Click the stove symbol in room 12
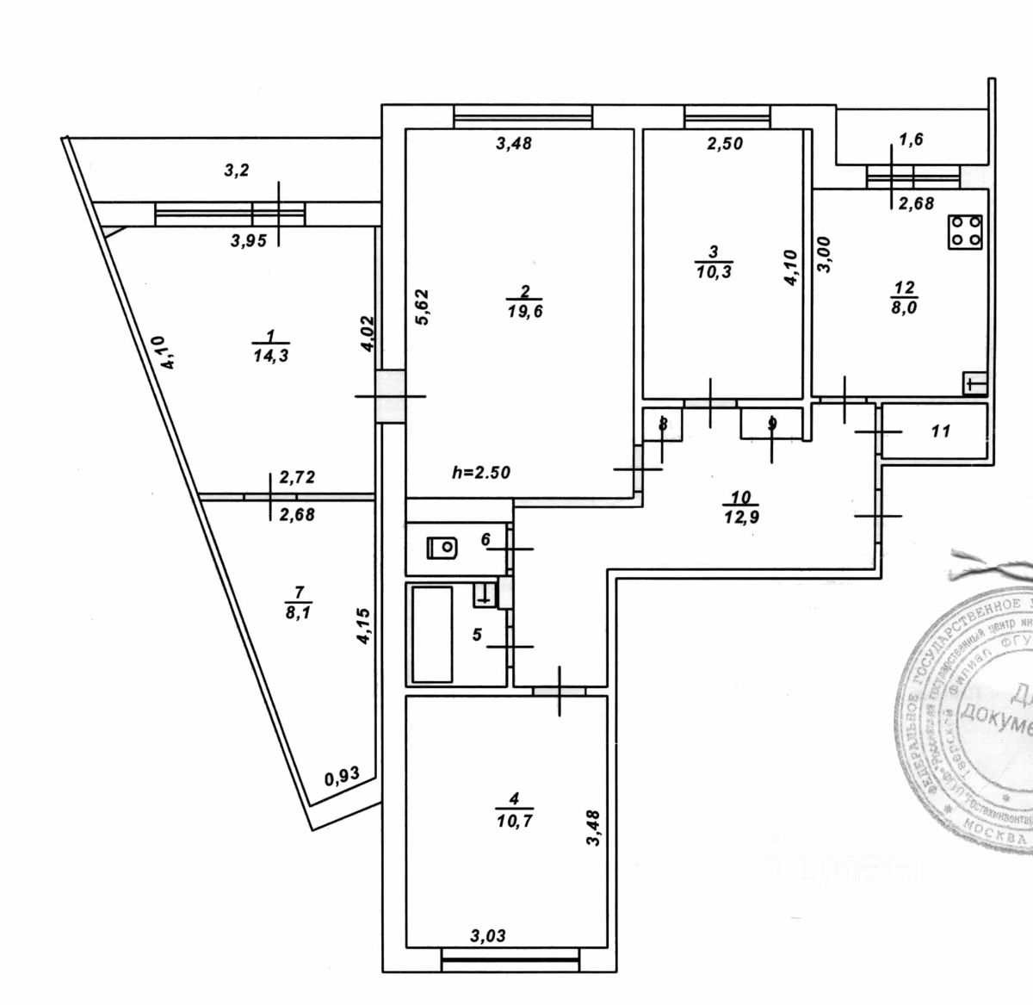point(966,232)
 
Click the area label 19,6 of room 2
point(525,312)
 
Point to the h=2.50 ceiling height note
point(481,472)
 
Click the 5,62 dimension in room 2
point(422,306)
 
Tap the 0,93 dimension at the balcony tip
point(342,777)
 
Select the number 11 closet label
point(940,431)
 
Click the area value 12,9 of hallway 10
point(741,517)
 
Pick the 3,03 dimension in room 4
point(488,935)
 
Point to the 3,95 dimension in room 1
point(249,241)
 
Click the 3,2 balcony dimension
point(237,171)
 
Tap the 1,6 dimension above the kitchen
point(911,140)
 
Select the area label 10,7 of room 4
point(514,821)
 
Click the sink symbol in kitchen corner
point(974,383)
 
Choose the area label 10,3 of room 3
point(714,271)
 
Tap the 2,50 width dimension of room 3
point(725,144)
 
